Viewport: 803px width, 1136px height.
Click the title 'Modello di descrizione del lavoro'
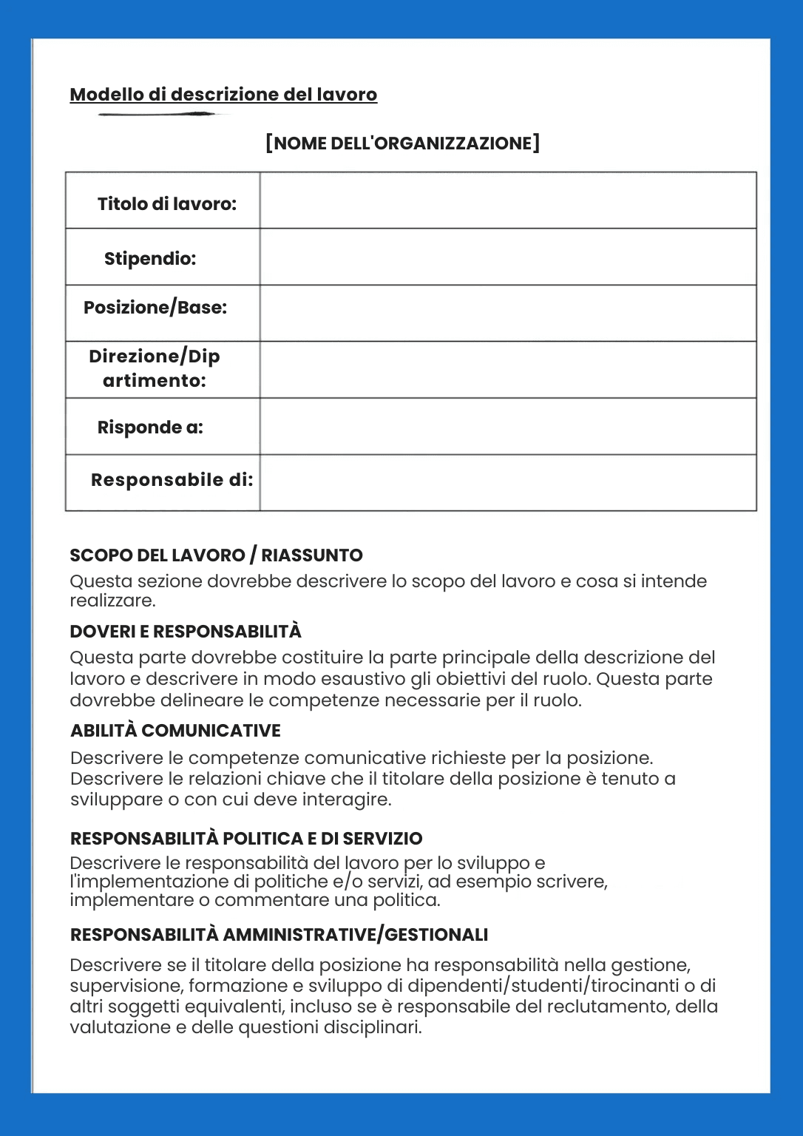tap(223, 95)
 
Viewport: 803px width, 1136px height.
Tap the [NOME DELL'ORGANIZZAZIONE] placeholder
tap(403, 143)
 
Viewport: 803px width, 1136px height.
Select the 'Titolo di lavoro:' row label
tap(167, 203)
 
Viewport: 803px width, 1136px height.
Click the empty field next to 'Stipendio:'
tap(508, 257)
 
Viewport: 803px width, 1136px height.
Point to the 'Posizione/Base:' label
tap(155, 307)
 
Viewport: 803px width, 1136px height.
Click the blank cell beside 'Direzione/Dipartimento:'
tap(508, 370)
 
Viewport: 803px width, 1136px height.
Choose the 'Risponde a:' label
tap(150, 427)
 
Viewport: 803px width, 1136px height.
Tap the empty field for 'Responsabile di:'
tap(508, 483)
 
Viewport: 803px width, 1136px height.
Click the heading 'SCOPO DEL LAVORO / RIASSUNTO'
tap(216, 555)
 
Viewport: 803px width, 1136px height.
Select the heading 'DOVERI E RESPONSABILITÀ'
tap(186, 632)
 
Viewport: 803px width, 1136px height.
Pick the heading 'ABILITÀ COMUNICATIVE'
tap(175, 731)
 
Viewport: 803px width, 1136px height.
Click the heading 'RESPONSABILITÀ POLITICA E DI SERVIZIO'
tap(246, 839)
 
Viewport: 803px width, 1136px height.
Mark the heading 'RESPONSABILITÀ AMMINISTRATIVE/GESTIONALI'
tap(279, 935)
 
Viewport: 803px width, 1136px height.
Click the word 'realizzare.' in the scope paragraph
tap(112, 601)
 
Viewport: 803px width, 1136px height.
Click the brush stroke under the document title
tap(157, 115)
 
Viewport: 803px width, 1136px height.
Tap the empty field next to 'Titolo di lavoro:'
tap(508, 200)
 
